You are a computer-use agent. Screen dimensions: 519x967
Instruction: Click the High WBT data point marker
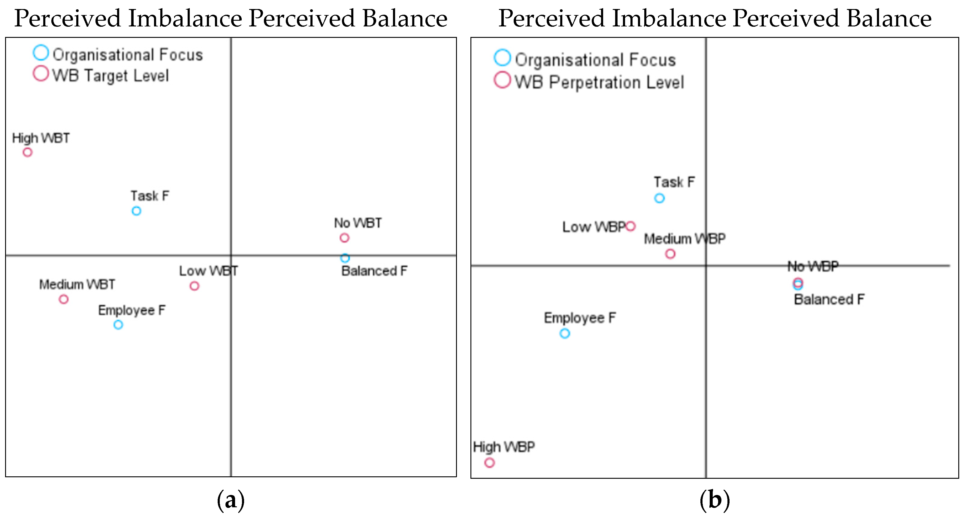(x=27, y=152)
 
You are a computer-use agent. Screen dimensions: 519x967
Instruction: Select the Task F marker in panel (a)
(x=136, y=211)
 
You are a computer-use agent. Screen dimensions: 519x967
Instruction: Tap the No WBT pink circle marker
(x=344, y=238)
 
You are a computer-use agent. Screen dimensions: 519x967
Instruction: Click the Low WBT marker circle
(x=194, y=286)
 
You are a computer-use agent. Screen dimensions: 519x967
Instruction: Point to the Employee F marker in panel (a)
(x=118, y=324)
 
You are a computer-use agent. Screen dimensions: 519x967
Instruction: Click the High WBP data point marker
(x=489, y=462)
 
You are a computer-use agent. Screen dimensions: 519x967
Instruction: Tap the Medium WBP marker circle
(x=670, y=254)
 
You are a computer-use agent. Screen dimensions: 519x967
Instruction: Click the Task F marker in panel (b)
(x=659, y=198)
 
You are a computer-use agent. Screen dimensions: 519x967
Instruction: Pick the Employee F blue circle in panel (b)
(x=565, y=333)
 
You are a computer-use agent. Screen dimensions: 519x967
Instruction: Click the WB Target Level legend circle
(x=41, y=74)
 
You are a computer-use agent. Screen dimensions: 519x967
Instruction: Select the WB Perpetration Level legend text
(x=599, y=82)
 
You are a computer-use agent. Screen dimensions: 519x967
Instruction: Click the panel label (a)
(x=231, y=500)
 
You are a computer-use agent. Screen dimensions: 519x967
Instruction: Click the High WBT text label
(x=41, y=138)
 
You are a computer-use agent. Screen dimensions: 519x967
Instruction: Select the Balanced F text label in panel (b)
(x=829, y=299)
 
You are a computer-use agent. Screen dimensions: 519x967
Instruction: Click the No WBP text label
(x=813, y=266)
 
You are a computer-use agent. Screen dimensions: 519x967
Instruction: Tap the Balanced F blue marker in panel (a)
(x=345, y=258)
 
